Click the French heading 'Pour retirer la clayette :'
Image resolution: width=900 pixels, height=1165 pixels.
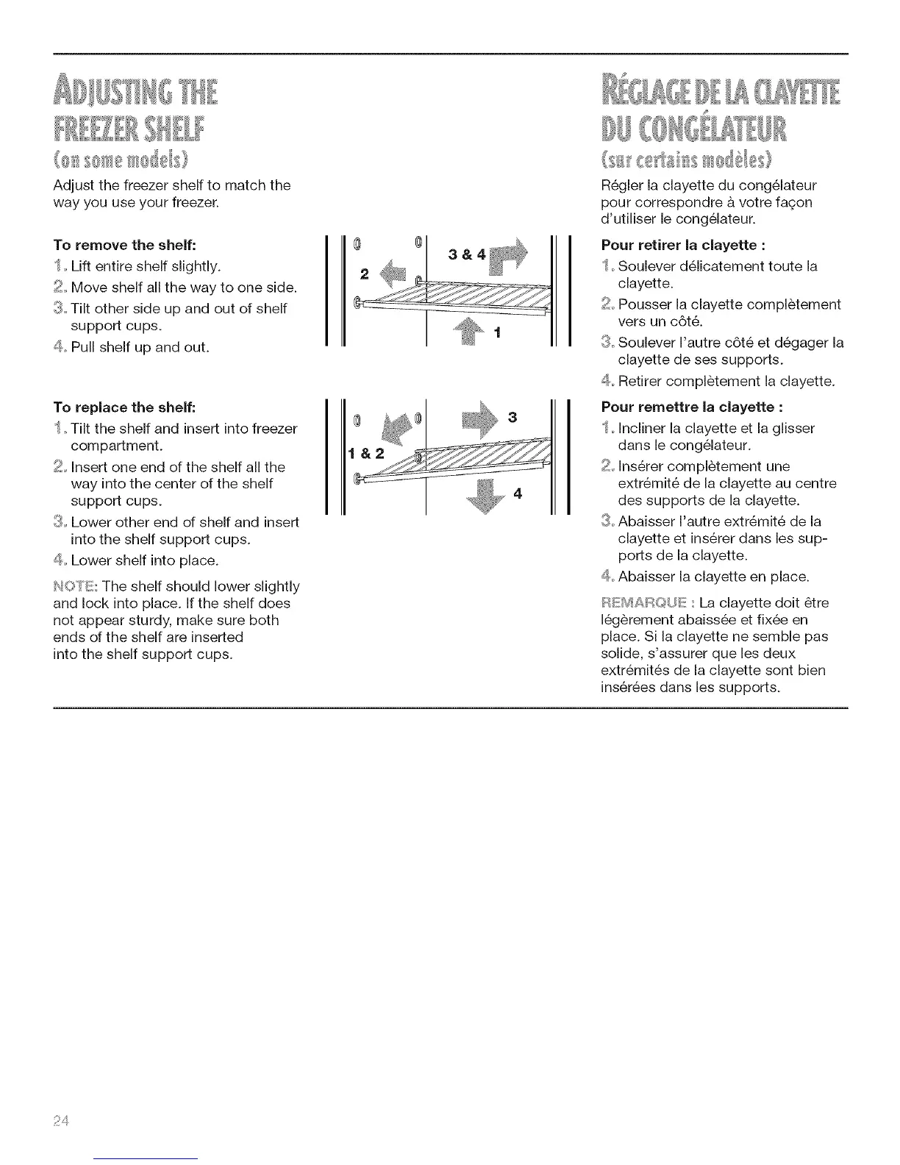tap(678, 244)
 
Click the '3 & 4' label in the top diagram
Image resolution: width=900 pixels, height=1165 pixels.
tap(466, 255)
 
